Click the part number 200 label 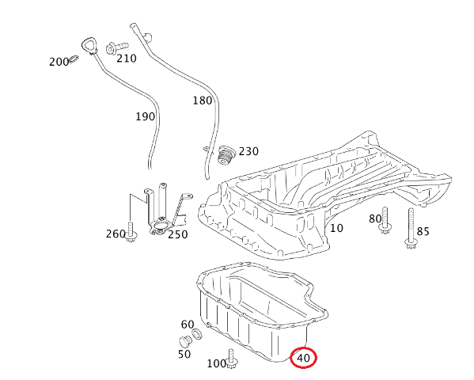pos(59,62)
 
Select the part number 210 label pos(126,58)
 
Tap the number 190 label pos(144,116)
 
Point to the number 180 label pos(202,101)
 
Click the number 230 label pos(248,151)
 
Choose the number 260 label pos(115,234)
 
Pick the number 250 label pos(177,234)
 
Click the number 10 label pos(336,228)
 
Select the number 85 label pos(423,232)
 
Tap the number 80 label pos(374,219)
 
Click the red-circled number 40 pos(304,359)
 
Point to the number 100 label pos(216,363)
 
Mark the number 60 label pos(188,325)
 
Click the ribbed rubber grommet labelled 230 pos(227,154)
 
